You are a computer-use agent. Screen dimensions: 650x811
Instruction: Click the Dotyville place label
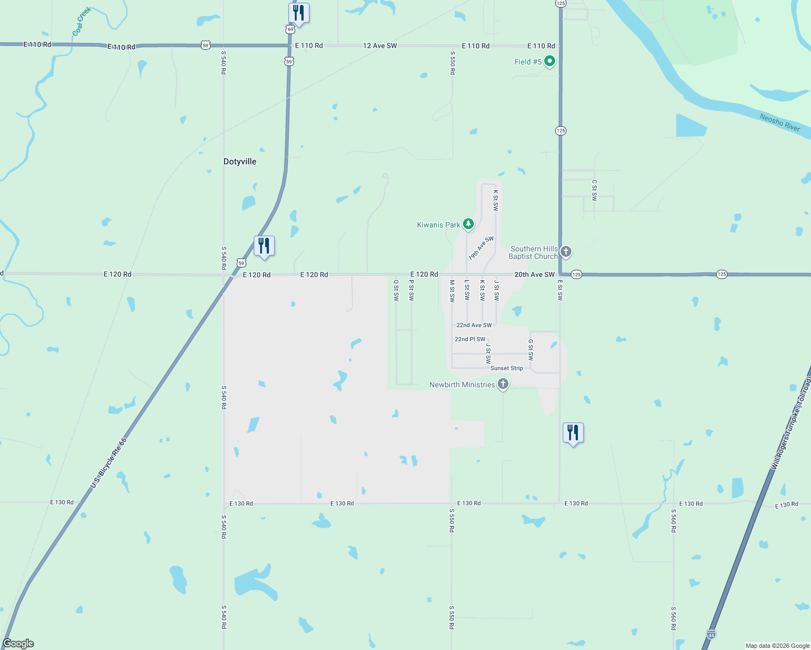pyautogui.click(x=240, y=161)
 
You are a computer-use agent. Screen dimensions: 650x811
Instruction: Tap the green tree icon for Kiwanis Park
pyautogui.click(x=468, y=224)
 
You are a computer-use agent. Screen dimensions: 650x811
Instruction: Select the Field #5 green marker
pyautogui.click(x=549, y=61)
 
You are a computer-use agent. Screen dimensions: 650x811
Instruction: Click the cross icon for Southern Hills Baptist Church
pyautogui.click(x=565, y=252)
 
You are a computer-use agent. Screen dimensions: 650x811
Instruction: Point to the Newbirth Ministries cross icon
pyautogui.click(x=503, y=384)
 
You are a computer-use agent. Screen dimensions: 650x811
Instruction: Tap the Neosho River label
pyautogui.click(x=780, y=122)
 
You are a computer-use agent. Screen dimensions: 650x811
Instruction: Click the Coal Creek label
pyautogui.click(x=81, y=21)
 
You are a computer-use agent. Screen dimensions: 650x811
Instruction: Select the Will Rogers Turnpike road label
pyautogui.click(x=791, y=422)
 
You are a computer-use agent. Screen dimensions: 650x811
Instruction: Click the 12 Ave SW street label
pyautogui.click(x=379, y=45)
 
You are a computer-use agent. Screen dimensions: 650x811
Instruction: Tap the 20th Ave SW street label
pyautogui.click(x=534, y=275)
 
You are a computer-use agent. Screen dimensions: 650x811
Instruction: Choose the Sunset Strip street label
pyautogui.click(x=507, y=368)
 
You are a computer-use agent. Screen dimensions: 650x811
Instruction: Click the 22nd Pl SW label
pyautogui.click(x=470, y=339)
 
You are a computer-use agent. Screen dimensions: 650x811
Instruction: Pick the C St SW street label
pyautogui.click(x=594, y=190)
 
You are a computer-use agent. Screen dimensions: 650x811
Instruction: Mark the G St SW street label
pyautogui.click(x=531, y=349)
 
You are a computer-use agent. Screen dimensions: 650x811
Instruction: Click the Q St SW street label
pyautogui.click(x=396, y=290)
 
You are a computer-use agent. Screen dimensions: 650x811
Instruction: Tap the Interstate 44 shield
pyautogui.click(x=711, y=634)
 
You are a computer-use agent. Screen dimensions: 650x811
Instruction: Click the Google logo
pyautogui.click(x=18, y=643)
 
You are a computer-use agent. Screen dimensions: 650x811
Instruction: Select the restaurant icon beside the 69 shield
pyautogui.click(x=298, y=12)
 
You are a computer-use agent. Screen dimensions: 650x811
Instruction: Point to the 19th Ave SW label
pyautogui.click(x=481, y=248)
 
